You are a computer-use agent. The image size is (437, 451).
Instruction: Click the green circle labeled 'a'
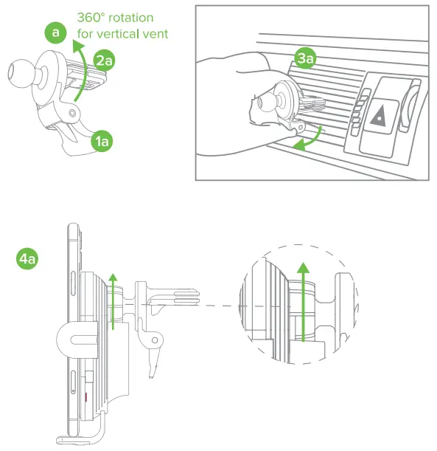55,32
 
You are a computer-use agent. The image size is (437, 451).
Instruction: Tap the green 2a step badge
104,61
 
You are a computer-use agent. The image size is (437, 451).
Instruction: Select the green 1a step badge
102,141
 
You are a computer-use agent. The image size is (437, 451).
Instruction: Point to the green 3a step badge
305,58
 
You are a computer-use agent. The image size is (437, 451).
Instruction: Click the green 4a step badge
27,258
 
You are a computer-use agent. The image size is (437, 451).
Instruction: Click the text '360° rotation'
115,18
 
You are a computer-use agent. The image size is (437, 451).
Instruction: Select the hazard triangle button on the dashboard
379,116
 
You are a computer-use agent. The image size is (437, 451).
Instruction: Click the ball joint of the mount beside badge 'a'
19,73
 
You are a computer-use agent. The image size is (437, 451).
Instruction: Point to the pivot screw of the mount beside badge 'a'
72,113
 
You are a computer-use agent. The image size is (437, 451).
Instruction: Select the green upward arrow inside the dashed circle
303,301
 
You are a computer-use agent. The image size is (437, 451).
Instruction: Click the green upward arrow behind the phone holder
113,301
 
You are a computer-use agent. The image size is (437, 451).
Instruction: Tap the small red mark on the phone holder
85,397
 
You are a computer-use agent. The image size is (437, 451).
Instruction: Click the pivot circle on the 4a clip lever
155,340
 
